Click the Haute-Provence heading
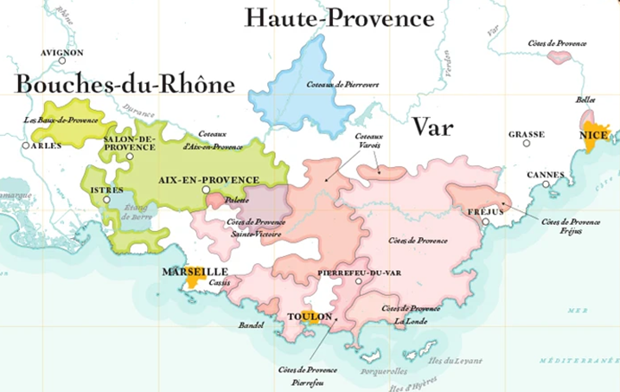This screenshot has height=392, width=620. tap(338, 17)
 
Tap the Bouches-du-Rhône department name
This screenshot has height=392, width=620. tap(125, 84)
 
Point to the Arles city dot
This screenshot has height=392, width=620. tap(26, 145)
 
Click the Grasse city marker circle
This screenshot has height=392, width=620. tap(526, 143)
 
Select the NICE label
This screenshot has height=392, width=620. tap(596, 136)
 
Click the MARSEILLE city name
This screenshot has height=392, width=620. tap(195, 271)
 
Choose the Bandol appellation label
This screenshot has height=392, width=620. tap(249, 326)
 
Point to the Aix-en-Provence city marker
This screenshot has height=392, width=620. tap(206, 190)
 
